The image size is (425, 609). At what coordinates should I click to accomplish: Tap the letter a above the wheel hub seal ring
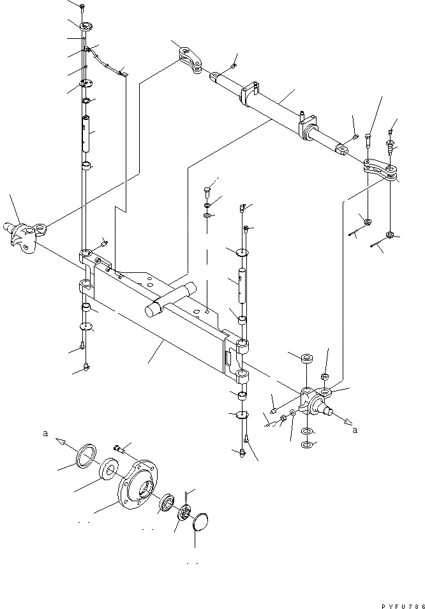pyautogui.click(x=45, y=433)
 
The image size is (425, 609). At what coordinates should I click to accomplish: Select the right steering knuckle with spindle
pyautogui.click(x=317, y=402)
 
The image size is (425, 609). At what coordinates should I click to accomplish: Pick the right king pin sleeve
pyautogui.click(x=241, y=284)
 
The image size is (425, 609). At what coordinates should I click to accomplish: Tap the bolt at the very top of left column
pyautogui.click(x=83, y=6)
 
